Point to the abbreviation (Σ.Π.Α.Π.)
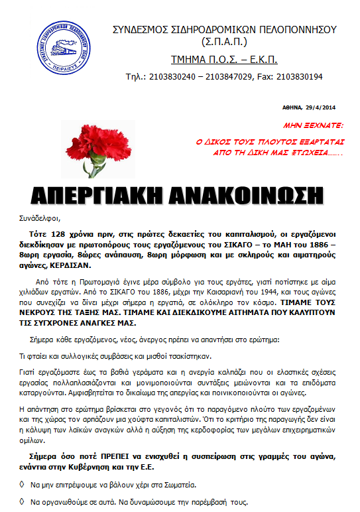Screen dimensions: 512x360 [224, 42]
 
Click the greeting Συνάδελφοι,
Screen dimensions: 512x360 [40, 218]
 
